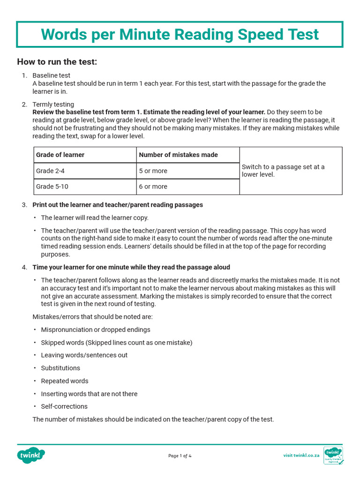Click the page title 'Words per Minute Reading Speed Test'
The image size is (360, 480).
[x=180, y=34]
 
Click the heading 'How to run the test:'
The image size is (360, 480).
[x=57, y=62]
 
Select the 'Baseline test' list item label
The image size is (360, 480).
[x=52, y=75]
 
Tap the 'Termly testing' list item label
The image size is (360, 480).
[x=53, y=105]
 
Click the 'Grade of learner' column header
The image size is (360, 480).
[x=60, y=155]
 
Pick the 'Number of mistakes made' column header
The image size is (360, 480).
[x=178, y=155]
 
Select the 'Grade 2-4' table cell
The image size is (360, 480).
[x=49, y=171]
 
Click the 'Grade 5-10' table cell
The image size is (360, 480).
[x=52, y=187]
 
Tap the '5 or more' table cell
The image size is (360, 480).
[x=153, y=171]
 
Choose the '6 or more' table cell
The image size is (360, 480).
[x=153, y=187]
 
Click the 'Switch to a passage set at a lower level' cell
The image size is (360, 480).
[x=283, y=171]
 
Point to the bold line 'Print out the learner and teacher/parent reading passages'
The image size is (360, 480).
[x=118, y=205]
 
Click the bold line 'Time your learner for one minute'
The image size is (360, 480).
[x=131, y=267]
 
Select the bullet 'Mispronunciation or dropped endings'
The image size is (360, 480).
[x=96, y=330]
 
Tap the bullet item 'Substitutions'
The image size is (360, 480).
[x=60, y=368]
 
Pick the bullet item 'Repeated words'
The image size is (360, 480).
[x=65, y=381]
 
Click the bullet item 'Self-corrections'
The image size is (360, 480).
[x=64, y=406]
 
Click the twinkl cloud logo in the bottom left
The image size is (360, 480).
[x=31, y=455]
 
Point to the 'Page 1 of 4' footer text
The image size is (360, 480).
[x=180, y=456]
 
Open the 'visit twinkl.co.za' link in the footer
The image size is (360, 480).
[x=301, y=455]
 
